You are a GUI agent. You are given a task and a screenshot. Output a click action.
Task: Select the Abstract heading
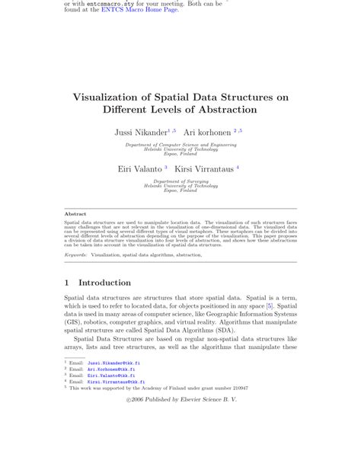(75, 215)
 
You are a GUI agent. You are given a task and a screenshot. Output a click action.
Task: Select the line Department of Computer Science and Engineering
(180, 143)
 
